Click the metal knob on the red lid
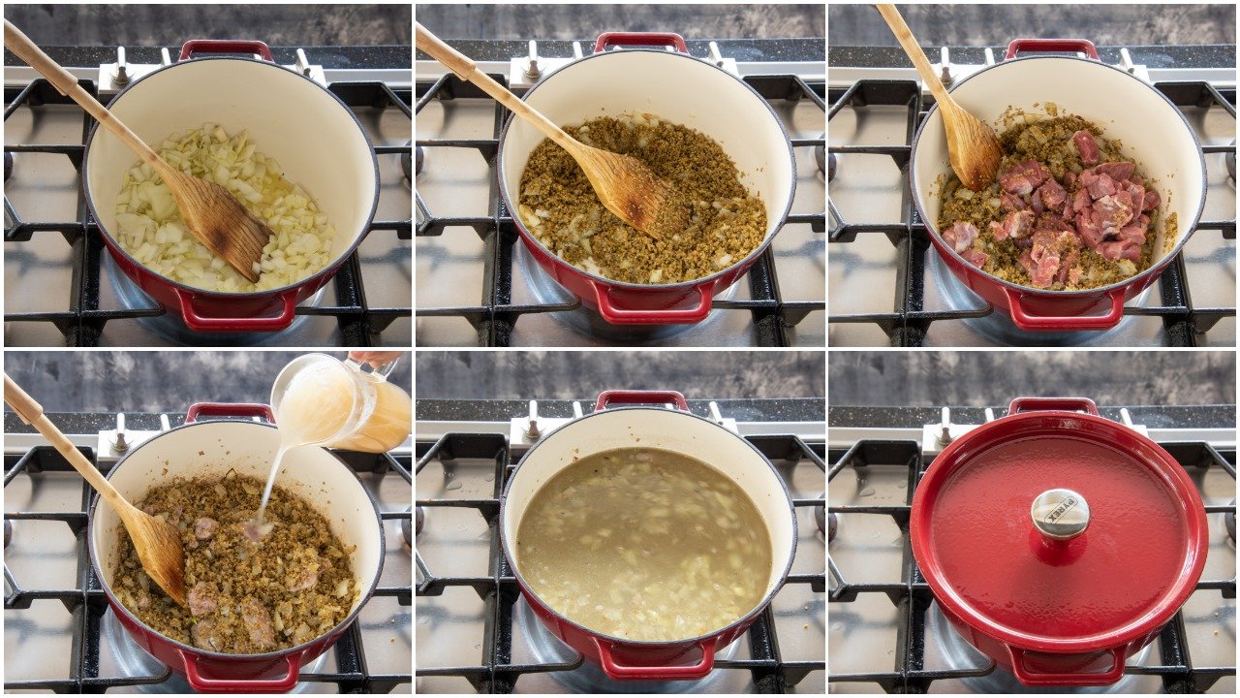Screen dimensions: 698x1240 [1059, 512]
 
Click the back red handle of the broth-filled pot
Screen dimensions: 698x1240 [640, 398]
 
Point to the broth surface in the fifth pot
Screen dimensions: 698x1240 [644, 543]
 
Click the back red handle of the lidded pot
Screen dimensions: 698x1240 [1053, 404]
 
